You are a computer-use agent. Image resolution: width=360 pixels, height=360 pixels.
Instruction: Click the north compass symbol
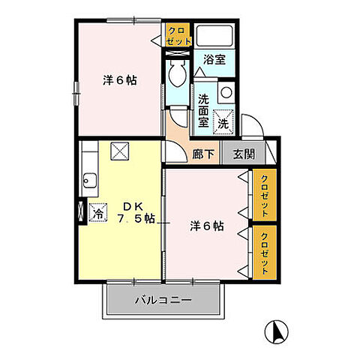[x=276, y=331]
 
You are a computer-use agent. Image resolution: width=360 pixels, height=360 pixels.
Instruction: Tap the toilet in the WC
[x=177, y=73]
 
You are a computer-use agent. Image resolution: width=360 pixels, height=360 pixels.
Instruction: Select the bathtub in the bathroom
[x=214, y=35]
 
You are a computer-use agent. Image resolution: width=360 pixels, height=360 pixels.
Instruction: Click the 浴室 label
[x=214, y=60]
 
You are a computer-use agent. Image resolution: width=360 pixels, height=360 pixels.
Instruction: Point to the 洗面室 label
[x=203, y=111]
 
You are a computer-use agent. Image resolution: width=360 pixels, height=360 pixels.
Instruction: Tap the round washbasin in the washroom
[x=226, y=92]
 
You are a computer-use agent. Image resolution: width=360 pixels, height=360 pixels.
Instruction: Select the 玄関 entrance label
[x=244, y=154]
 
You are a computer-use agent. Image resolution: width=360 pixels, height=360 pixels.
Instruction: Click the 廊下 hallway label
[x=203, y=154]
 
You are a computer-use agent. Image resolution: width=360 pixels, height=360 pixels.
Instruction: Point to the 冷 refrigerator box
[x=98, y=212]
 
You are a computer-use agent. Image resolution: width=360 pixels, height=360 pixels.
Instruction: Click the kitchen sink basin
[x=89, y=180]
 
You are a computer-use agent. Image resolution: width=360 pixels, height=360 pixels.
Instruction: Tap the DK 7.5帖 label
[x=136, y=212]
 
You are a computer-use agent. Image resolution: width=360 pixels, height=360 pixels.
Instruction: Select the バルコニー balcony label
[x=163, y=299]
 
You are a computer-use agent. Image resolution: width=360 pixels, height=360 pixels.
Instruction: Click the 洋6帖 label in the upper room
[x=120, y=80]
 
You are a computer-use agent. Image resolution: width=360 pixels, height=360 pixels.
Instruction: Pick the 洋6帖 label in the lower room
[x=207, y=226]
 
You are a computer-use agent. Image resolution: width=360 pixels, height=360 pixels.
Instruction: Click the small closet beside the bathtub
[x=178, y=34]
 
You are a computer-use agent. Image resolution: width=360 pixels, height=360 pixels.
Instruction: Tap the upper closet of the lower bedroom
[x=265, y=195]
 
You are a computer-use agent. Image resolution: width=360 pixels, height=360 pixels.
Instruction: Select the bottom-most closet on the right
[x=265, y=253]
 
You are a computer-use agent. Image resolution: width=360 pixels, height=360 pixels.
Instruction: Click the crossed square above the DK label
[x=120, y=151]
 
